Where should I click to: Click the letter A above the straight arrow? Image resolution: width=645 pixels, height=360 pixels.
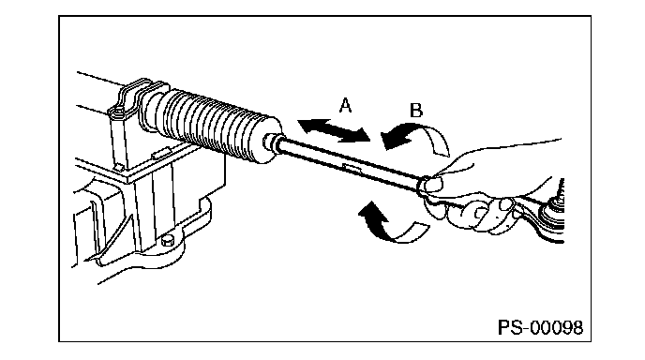pyautogui.click(x=346, y=105)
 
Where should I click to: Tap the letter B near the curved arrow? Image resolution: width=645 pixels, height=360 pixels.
pyautogui.click(x=416, y=111)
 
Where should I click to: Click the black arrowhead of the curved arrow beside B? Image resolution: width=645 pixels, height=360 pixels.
pyautogui.click(x=394, y=139)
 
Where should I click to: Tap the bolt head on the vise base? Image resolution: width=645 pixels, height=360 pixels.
pyautogui.click(x=168, y=240)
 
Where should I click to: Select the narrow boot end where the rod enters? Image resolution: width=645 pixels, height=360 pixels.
pyautogui.click(x=271, y=142)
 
